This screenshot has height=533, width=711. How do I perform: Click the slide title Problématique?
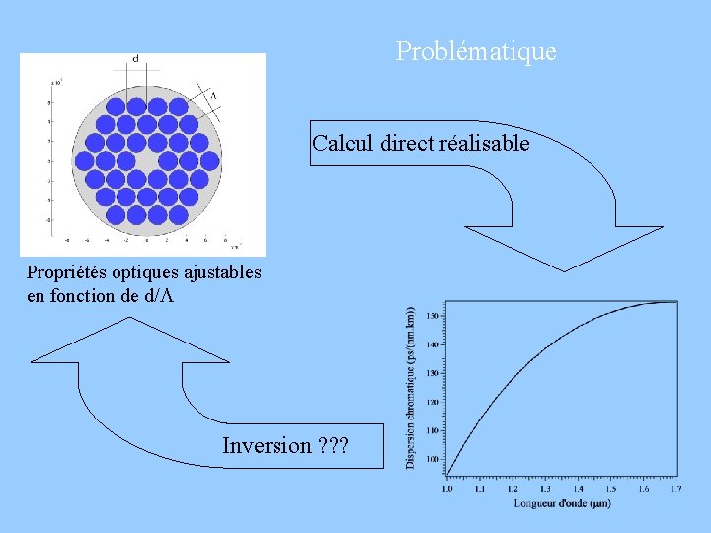(476, 51)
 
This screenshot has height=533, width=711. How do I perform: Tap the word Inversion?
(267, 445)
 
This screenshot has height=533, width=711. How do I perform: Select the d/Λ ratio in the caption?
(159, 296)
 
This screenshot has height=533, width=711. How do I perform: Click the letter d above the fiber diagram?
(135, 59)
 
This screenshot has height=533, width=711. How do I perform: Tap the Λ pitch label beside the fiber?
(213, 95)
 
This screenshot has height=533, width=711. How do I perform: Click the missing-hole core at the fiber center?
(146, 159)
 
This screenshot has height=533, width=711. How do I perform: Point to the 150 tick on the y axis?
(433, 316)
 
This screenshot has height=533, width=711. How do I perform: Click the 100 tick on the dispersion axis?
(433, 459)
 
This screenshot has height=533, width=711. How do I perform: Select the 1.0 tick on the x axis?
(447, 488)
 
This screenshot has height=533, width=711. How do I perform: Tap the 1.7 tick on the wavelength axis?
(675, 488)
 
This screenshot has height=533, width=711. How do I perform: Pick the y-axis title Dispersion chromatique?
(411, 385)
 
